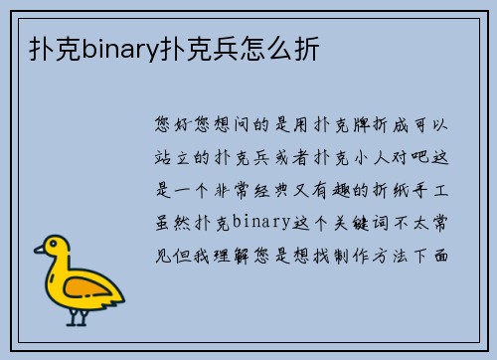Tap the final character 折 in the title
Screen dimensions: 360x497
(x=307, y=47)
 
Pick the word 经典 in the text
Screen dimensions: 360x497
(x=282, y=189)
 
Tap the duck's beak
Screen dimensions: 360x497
(x=40, y=253)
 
